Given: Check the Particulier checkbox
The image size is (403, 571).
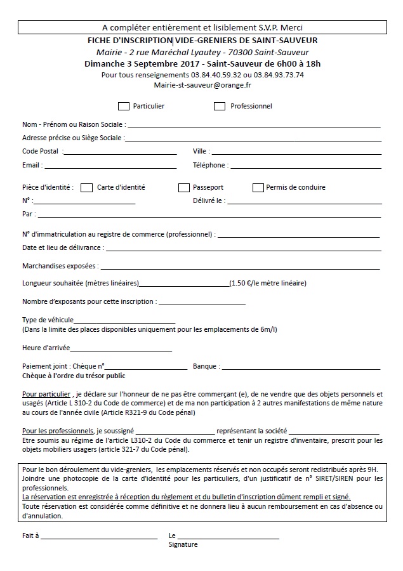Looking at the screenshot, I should [x=124, y=106].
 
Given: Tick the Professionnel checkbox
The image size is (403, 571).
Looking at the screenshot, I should [x=220, y=106].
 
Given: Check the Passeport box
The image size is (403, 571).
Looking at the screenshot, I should [x=184, y=187].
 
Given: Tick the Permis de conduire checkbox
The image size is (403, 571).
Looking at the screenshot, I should [x=258, y=187].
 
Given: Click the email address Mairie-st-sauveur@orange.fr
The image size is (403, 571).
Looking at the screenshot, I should [x=202, y=84].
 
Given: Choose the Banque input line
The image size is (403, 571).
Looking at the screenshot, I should [x=301, y=368].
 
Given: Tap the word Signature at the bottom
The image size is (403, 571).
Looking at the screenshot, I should [x=183, y=544].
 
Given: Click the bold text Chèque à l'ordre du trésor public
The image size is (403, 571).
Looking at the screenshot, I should [x=74, y=376].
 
